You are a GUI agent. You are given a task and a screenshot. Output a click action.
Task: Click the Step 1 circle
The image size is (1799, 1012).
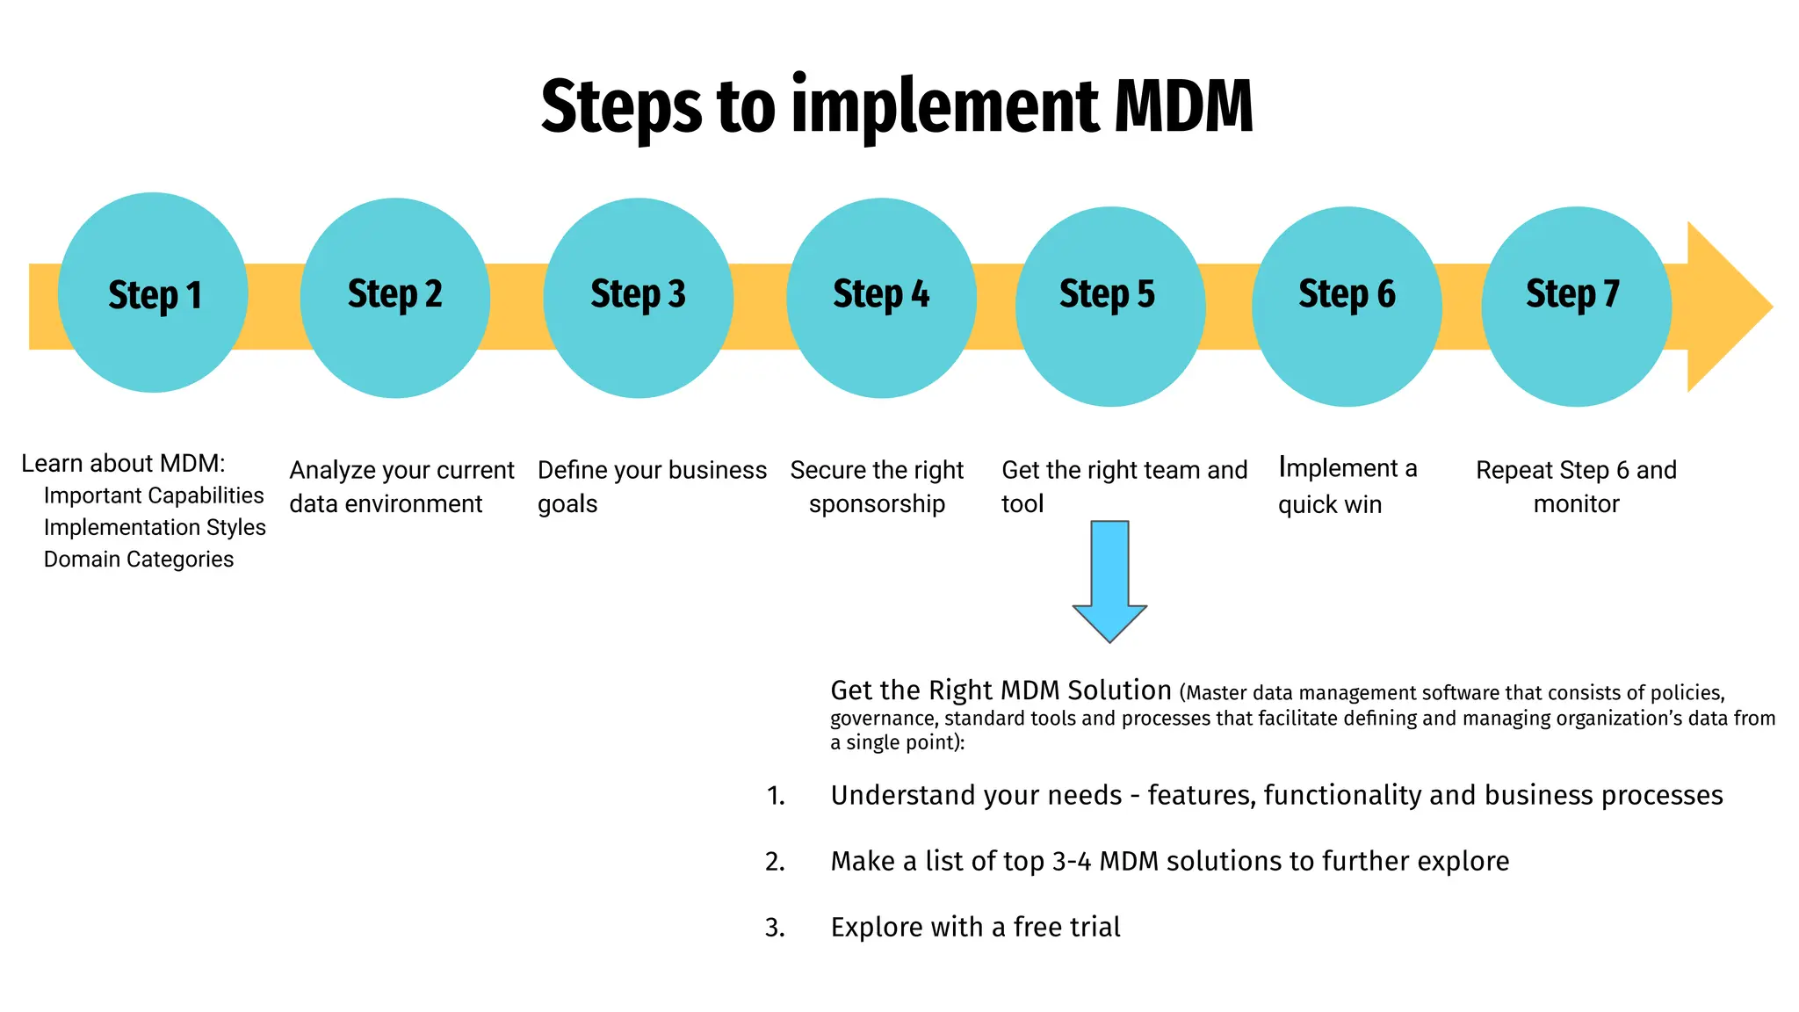click(x=153, y=293)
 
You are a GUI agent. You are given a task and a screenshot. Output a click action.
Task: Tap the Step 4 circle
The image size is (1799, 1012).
click(x=881, y=299)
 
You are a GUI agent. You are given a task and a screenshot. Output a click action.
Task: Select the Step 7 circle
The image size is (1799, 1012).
click(x=1576, y=307)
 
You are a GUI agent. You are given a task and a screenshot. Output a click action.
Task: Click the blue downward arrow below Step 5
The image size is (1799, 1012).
click(x=1109, y=581)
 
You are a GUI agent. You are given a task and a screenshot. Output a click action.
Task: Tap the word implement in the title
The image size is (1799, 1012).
click(x=945, y=107)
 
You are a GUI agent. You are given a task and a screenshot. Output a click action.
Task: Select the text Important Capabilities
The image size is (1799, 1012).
click(x=154, y=495)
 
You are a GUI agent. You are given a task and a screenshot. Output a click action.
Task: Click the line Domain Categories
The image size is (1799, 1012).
click(x=139, y=560)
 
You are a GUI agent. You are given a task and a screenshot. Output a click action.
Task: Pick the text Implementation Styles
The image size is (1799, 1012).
click(x=155, y=527)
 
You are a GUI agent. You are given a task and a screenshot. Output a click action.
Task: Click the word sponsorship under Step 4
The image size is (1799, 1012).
click(x=877, y=504)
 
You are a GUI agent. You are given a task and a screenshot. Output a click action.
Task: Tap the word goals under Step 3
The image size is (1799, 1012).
click(x=567, y=504)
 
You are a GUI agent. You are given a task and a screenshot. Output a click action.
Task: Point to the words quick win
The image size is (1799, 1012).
click(x=1330, y=504)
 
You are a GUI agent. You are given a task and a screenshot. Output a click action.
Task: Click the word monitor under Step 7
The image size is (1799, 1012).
click(x=1576, y=504)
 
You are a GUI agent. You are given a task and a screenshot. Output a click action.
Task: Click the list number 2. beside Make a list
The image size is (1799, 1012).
click(x=775, y=862)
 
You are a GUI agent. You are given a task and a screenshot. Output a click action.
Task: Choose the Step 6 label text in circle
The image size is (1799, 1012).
click(x=1347, y=294)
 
